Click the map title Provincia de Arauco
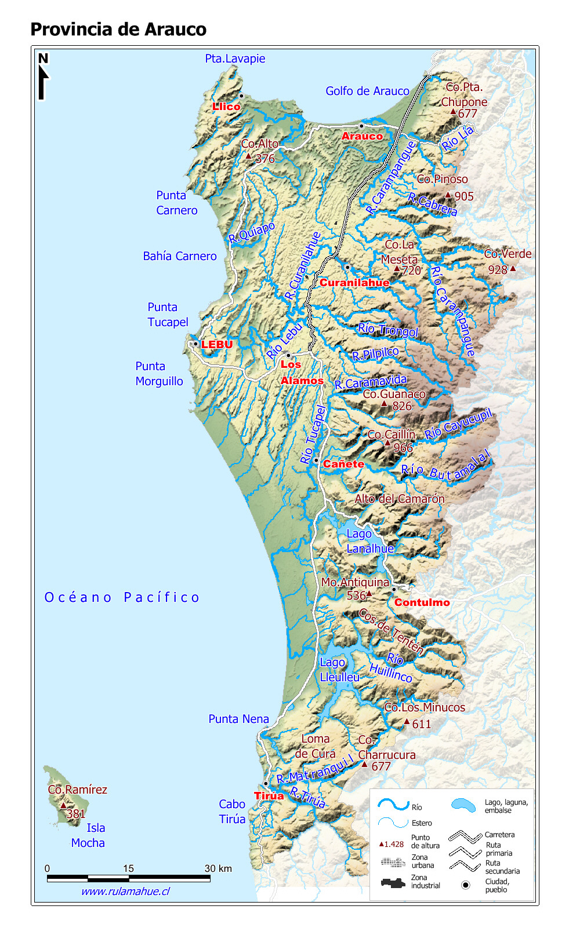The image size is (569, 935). tap(118, 29)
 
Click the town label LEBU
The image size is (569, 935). tap(217, 345)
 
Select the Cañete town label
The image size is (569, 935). tap(343, 464)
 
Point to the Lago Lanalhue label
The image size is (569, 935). tap(369, 541)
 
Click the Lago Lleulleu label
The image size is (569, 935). tap(339, 670)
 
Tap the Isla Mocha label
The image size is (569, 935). tap(88, 835)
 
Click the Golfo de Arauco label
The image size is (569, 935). tap(367, 91)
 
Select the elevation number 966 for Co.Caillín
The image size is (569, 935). tap(403, 447)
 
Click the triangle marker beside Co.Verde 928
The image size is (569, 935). tap(513, 268)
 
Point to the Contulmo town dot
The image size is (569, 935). tap(393, 589)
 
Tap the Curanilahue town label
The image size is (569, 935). tap(354, 283)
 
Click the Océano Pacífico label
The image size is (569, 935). tap(122, 597)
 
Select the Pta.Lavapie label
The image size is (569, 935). tap(235, 59)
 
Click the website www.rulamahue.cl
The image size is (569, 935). tap(125, 892)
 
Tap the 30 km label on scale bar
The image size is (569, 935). tap(218, 868)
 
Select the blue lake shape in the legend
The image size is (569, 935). tap(463, 805)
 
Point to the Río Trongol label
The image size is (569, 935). tap(387, 330)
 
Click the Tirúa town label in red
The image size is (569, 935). tap(269, 795)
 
